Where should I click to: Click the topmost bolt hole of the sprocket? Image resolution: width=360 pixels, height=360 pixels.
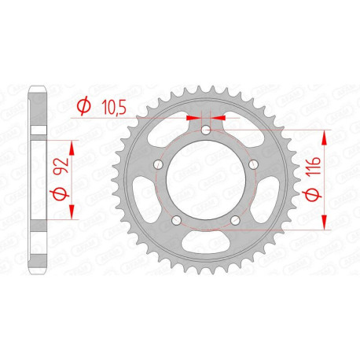click(205, 131)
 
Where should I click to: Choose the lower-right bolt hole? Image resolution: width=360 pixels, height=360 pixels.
click(234, 219)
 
